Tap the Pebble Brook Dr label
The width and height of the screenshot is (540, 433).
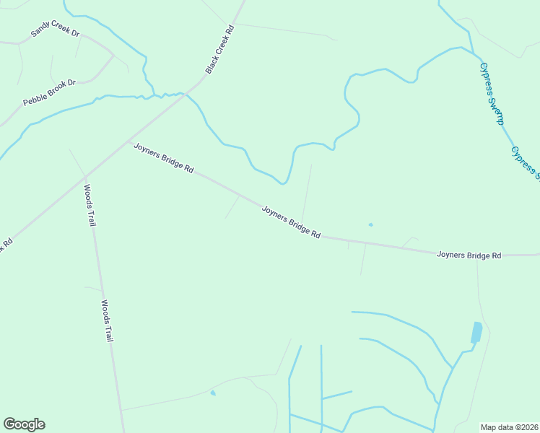[49, 93]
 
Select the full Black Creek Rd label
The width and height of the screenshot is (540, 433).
[221, 50]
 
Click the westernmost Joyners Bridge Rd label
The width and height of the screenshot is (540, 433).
[163, 157]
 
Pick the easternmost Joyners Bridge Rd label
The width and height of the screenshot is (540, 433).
[469, 255]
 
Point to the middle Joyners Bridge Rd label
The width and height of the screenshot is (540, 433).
[291, 222]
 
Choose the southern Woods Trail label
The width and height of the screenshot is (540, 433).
[108, 320]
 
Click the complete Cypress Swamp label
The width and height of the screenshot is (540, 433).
[492, 92]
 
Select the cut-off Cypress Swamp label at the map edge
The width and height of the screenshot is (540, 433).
[525, 161]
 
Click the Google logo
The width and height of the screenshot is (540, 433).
[24, 424]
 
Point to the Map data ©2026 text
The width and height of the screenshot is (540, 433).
[509, 427]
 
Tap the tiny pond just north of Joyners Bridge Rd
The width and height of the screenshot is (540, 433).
[370, 224]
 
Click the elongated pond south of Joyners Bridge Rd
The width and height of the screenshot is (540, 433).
[476, 332]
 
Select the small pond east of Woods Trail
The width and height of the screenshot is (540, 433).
[212, 393]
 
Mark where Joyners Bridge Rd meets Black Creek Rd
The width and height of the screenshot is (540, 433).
[128, 141]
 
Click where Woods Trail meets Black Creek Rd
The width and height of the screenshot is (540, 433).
[85, 175]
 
